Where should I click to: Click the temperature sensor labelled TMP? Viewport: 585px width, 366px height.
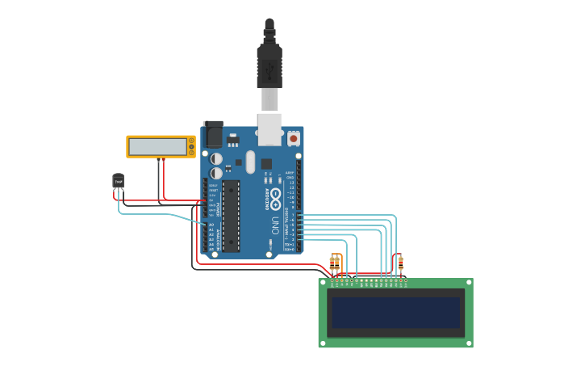click(x=119, y=181)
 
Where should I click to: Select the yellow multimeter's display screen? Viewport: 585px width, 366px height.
click(x=157, y=147)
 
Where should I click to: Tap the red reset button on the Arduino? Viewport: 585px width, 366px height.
click(x=293, y=139)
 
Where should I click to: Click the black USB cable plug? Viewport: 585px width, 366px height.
click(x=270, y=65)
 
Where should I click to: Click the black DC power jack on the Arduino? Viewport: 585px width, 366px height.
click(x=213, y=134)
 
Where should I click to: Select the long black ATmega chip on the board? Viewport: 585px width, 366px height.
click(x=231, y=216)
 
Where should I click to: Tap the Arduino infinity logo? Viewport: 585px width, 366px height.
click(x=274, y=198)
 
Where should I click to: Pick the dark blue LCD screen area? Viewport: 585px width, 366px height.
click(x=395, y=313)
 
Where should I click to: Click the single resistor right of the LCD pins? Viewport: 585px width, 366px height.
click(x=400, y=262)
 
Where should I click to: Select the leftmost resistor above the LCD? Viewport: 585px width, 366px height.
click(x=332, y=262)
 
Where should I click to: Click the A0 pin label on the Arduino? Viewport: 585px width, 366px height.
click(x=211, y=225)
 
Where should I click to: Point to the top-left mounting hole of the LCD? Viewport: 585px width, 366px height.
click(x=323, y=284)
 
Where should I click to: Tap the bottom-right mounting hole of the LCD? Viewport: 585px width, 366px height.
click(x=468, y=343)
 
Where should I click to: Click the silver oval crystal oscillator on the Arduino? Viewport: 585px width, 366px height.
click(x=250, y=160)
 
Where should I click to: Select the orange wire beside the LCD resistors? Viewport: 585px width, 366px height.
click(x=341, y=263)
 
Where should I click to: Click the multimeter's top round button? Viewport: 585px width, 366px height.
click(x=191, y=141)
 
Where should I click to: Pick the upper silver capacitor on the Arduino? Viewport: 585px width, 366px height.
click(x=216, y=159)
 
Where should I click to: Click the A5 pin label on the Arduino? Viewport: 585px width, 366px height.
click(x=211, y=249)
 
